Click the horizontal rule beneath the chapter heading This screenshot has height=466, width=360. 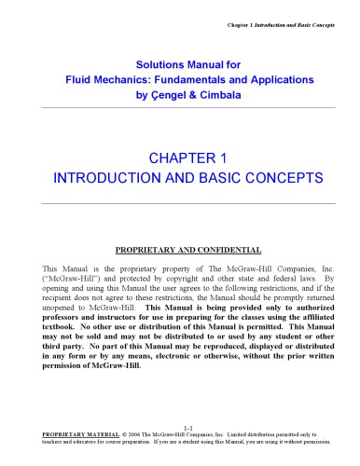click(180, 201)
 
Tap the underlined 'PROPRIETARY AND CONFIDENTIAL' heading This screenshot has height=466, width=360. click(180, 250)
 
